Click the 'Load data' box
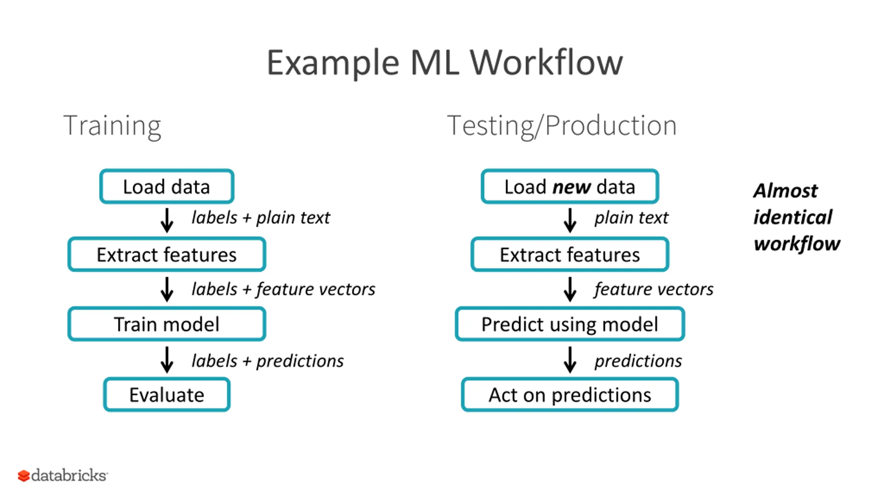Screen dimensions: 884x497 pos(167,186)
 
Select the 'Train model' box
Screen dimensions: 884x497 pos(167,324)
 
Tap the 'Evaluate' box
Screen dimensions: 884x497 pos(167,394)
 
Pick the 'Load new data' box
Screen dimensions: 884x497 pos(570,186)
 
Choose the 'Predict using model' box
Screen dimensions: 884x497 pos(570,324)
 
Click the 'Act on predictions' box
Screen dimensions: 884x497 pos(570,394)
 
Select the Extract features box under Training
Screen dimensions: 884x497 pos(167,254)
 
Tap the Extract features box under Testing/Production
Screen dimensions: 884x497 pos(570,254)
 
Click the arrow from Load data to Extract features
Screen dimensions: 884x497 pos(167,220)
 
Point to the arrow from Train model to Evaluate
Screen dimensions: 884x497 pos(167,360)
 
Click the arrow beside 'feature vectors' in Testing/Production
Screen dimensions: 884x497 pos(570,289)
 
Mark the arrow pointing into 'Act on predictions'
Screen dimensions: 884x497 pos(570,360)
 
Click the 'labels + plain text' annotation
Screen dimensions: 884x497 pos(261,218)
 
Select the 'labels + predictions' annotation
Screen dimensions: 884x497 pos(268,361)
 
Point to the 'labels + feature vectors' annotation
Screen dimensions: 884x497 pos(283,289)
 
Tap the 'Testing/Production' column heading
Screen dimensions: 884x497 pos(562,126)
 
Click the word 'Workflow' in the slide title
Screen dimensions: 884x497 pos(546,62)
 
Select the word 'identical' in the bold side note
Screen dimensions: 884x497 pos(793,217)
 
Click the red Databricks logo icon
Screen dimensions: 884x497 pos(24,476)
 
